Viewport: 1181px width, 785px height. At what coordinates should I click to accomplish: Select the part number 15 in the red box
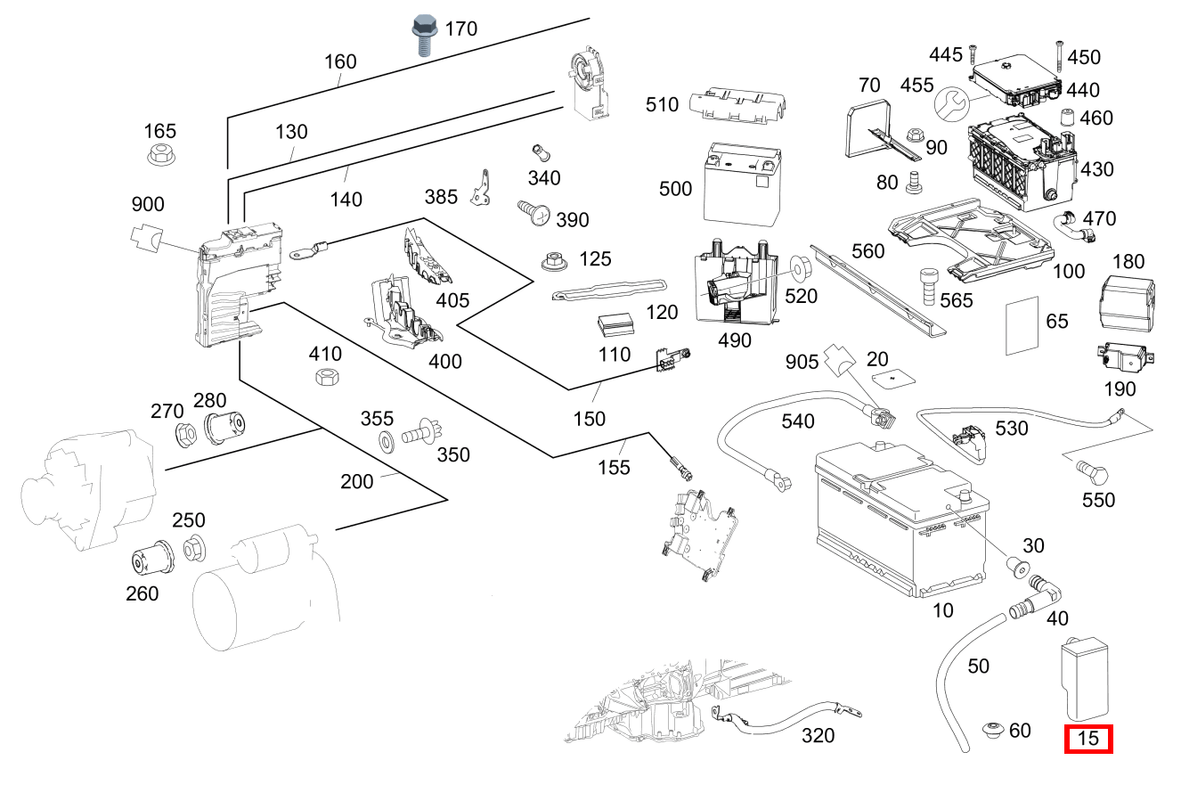tap(1088, 739)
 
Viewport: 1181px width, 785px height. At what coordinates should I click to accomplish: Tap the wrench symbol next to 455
tap(950, 106)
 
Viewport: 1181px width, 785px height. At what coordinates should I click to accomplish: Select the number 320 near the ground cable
tap(819, 736)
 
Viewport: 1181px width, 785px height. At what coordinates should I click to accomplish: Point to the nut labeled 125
tap(555, 261)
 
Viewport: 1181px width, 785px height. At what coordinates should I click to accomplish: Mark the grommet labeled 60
tap(993, 732)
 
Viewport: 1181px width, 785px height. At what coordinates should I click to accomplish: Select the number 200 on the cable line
tap(357, 482)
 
